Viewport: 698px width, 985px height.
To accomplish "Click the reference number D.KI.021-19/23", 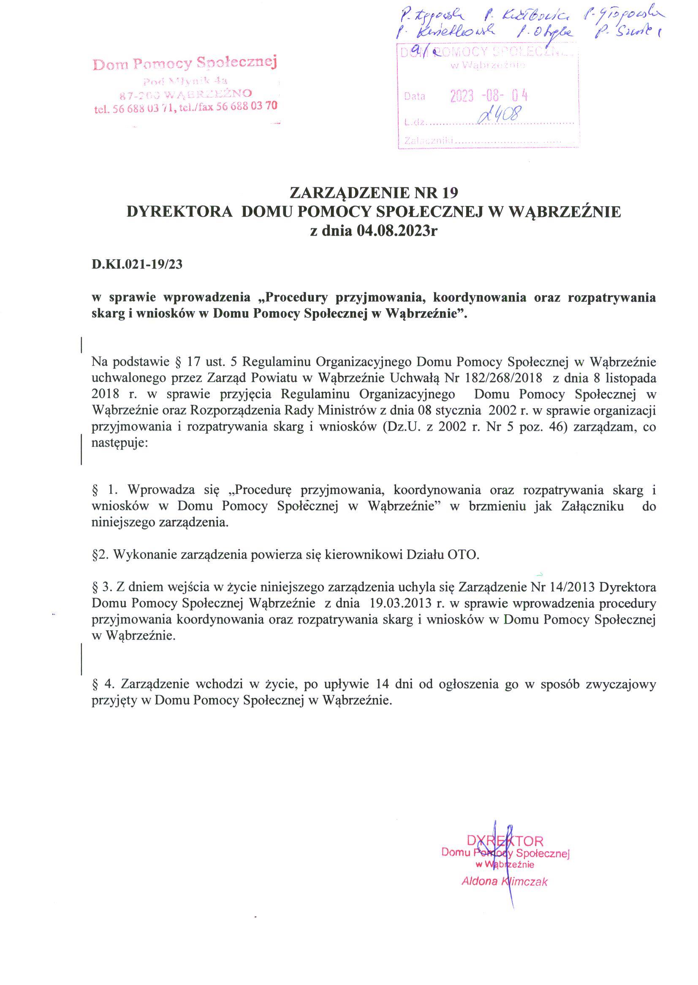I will tap(137, 264).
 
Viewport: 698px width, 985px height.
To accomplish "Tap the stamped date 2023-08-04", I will tap(488, 95).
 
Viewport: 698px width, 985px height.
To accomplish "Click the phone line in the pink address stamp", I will tap(185, 107).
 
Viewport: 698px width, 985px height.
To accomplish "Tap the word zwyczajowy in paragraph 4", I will tap(623, 684).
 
